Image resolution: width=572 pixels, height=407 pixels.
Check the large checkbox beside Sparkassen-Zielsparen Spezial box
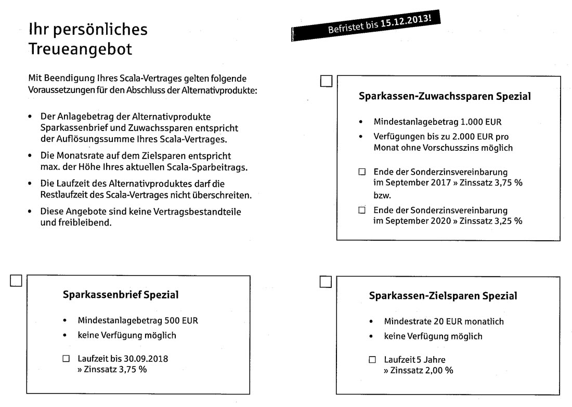pos(327,282)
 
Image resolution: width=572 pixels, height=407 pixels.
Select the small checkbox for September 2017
pos(362,172)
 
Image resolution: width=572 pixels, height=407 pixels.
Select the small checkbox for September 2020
pos(362,211)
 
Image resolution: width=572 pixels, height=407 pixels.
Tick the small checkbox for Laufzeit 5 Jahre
pos(372,360)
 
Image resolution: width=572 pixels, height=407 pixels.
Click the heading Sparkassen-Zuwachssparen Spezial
pos(445,97)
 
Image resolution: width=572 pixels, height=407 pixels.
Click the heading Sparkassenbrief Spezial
pos(121,295)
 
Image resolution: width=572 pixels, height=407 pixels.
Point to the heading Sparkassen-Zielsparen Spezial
pos(443,296)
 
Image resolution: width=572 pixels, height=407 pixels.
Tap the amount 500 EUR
pos(181,321)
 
